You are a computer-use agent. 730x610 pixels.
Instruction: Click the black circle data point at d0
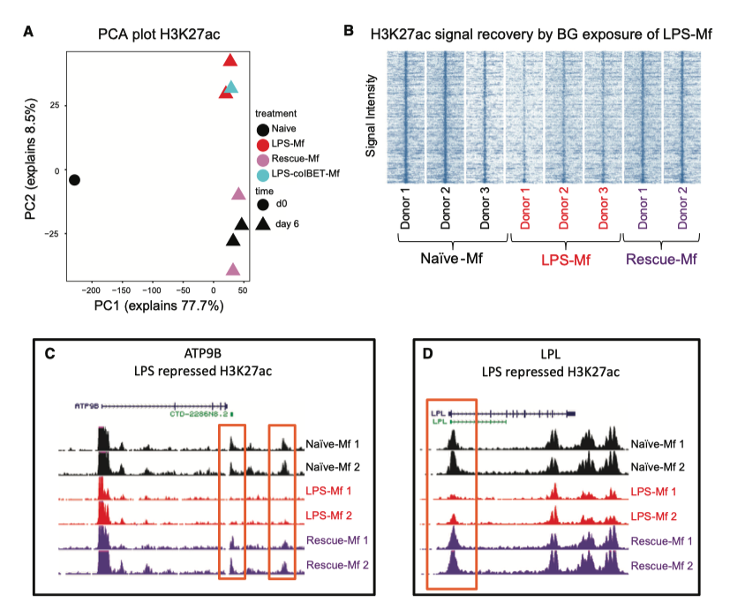(x=74, y=180)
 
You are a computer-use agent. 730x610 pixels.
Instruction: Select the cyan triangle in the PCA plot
(x=231, y=88)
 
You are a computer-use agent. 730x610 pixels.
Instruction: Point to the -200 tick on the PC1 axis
(x=91, y=289)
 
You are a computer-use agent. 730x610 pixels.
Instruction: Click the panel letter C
(x=50, y=353)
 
